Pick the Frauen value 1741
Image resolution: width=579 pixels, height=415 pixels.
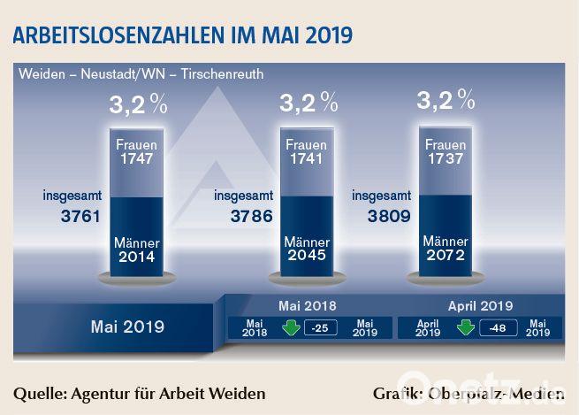coord(307,159)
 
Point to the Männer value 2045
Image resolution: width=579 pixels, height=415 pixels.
coord(307,257)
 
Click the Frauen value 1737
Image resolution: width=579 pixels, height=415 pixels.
coord(446,159)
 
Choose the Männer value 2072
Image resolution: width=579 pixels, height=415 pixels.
coord(446,257)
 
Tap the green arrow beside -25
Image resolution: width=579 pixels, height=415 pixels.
coord(289,328)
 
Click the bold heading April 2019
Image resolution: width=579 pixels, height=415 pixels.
coord(480,305)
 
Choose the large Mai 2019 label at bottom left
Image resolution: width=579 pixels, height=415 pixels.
coord(127,327)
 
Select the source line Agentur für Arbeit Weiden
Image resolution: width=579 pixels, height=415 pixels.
coord(140,392)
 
